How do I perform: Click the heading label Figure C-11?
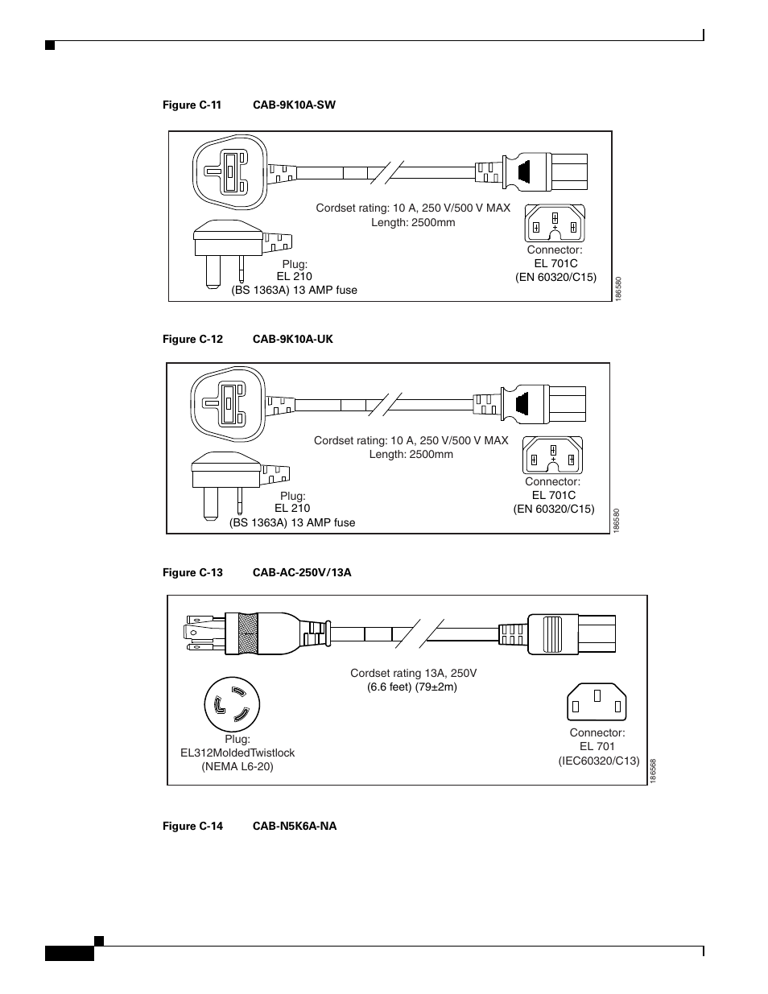coord(192,105)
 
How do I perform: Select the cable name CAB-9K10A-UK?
coord(292,339)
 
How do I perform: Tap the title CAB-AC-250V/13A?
coord(302,572)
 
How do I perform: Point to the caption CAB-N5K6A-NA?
coord(295,826)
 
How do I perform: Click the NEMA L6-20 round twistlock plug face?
coord(232,705)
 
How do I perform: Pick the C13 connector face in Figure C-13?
coord(597,701)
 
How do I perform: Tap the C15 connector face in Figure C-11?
coord(555,223)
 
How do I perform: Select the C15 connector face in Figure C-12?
coord(552,455)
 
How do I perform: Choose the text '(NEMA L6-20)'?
coord(237,766)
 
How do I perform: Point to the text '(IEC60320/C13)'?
coord(598,761)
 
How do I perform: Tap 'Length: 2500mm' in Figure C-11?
coord(413,222)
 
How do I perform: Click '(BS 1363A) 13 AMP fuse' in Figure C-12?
coord(292,522)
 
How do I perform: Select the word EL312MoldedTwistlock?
coord(237,753)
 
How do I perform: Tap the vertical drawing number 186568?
coord(653,772)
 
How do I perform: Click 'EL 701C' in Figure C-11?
coord(555,263)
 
